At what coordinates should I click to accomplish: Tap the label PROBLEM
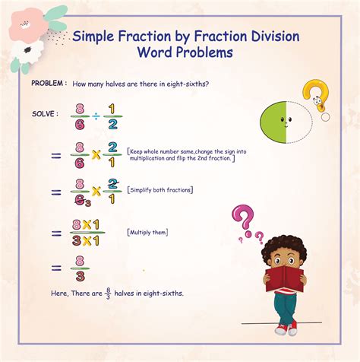point(49,82)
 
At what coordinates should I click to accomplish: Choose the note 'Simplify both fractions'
point(160,189)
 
